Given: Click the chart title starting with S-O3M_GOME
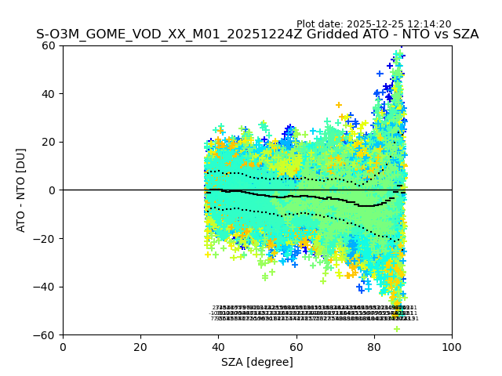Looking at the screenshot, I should tap(257, 34).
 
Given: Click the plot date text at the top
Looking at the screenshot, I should tap(373, 24).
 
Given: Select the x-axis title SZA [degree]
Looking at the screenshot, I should tap(257, 362).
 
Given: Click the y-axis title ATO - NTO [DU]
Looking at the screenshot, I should tap(21, 190).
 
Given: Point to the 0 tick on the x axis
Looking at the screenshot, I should tap(63, 347).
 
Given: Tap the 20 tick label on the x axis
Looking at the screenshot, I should tap(140, 347).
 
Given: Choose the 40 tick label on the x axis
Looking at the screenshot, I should tap(218, 347).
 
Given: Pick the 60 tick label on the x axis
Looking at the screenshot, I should tap(296, 347).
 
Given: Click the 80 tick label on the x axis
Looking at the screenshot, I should tap(374, 347).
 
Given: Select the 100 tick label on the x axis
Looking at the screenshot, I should tap(452, 347).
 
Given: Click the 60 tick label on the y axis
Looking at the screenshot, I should tap(49, 45).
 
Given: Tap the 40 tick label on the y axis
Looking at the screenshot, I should tap(49, 94).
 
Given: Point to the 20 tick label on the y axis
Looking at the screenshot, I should tap(49, 142).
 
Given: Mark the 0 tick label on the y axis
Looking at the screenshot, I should tap(52, 190).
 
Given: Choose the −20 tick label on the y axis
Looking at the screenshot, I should tap(45, 239).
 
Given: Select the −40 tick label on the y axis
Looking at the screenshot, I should tap(45, 287).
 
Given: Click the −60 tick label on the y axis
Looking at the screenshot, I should tap(45, 335).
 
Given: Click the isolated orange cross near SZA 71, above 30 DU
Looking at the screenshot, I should tap(339, 105).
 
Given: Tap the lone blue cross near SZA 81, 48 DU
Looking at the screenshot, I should tap(380, 74).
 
